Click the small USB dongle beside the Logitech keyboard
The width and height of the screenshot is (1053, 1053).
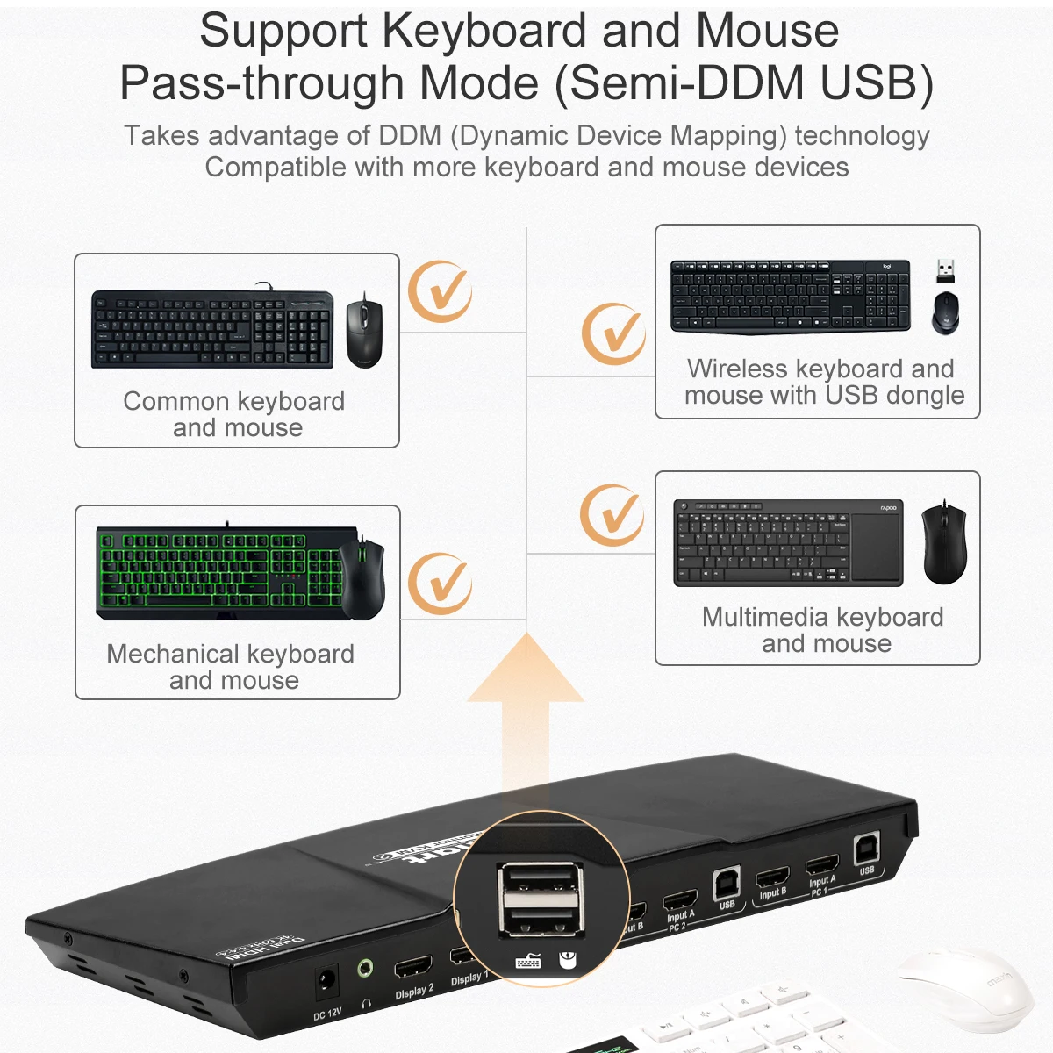tap(945, 270)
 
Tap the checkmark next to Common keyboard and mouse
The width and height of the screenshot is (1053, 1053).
tap(441, 292)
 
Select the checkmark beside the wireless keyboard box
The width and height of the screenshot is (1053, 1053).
tap(613, 334)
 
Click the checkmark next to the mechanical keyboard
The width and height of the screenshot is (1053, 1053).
tap(441, 584)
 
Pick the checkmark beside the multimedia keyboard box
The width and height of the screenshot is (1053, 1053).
tap(612, 515)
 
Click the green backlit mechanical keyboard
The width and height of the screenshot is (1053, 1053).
tap(219, 572)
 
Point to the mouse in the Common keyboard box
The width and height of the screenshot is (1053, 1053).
tap(364, 331)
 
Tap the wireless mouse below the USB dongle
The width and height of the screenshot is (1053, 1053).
tap(945, 312)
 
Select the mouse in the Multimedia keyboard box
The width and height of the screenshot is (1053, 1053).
tap(944, 544)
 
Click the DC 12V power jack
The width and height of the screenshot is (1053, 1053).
tap(326, 979)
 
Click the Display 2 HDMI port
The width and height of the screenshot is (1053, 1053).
tap(413, 968)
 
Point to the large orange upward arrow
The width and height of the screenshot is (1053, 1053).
tap(526, 702)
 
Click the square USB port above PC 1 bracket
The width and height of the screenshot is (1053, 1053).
tap(866, 849)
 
